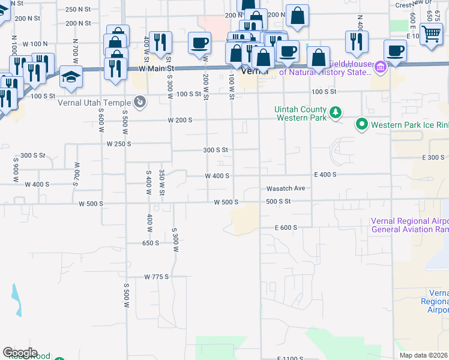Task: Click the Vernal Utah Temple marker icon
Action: click(140, 101)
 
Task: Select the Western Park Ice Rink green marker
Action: click(362, 125)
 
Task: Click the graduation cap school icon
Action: click(71, 77)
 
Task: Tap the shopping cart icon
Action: click(431, 33)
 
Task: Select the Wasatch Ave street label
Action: click(286, 188)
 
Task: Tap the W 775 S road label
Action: click(157, 277)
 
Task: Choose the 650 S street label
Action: click(151, 243)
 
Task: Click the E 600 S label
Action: click(286, 228)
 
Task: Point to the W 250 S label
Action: click(118, 144)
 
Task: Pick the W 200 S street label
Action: click(180, 120)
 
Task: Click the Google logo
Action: click(20, 352)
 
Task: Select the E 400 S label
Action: click(325, 175)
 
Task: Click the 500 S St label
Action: click(278, 202)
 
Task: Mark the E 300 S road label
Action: click(433, 157)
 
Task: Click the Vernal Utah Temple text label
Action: click(95, 102)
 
